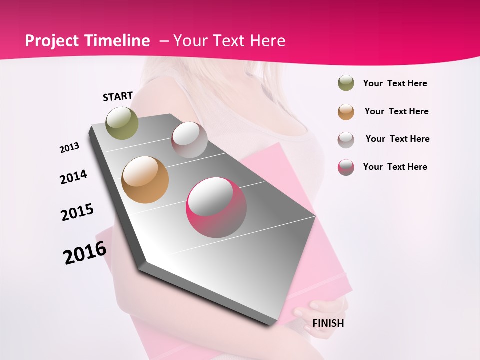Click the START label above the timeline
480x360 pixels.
point(118,96)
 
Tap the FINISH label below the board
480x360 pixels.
point(328,323)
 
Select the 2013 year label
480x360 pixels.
point(69,148)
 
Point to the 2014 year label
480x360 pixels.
point(73,177)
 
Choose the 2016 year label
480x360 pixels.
point(85,253)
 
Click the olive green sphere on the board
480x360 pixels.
point(122,122)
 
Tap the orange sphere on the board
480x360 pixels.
point(145,180)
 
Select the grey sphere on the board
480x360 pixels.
point(189,140)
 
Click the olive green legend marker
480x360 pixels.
point(346,83)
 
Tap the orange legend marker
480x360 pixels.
point(346,111)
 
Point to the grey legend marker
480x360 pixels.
point(346,139)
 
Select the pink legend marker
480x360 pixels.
point(346,167)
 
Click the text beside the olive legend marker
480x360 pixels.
point(395,83)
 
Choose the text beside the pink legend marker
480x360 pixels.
point(395,167)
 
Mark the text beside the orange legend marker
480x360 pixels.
point(396,111)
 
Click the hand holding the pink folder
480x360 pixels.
point(320,306)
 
